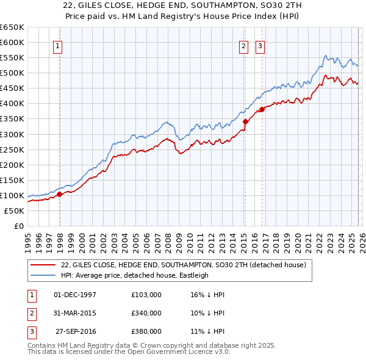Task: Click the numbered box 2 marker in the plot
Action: (244, 46)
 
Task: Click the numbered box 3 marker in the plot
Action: (260, 46)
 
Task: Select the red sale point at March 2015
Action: (245, 121)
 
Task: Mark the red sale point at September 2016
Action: (262, 109)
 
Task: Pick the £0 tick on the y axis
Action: (18, 226)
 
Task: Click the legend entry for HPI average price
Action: (135, 275)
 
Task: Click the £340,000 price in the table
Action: (146, 313)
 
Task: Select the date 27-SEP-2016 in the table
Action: (76, 331)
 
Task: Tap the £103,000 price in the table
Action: (146, 295)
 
